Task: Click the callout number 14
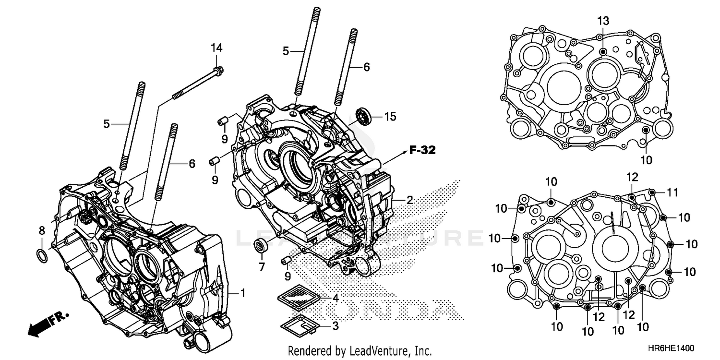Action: click(216, 48)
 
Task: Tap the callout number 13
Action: click(603, 21)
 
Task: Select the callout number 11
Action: click(672, 192)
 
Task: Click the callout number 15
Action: click(390, 117)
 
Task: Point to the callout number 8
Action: click(42, 231)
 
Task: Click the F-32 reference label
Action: click(422, 151)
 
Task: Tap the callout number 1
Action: click(243, 293)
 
